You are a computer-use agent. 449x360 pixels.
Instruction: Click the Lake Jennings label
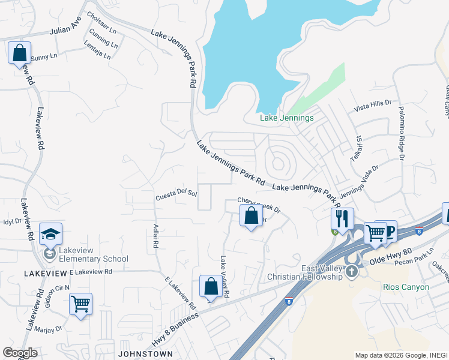click(286, 118)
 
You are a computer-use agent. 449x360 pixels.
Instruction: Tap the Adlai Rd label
click(155, 236)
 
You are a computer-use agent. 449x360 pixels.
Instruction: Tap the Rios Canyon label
click(406, 287)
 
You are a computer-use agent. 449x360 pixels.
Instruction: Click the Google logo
click(20, 353)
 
